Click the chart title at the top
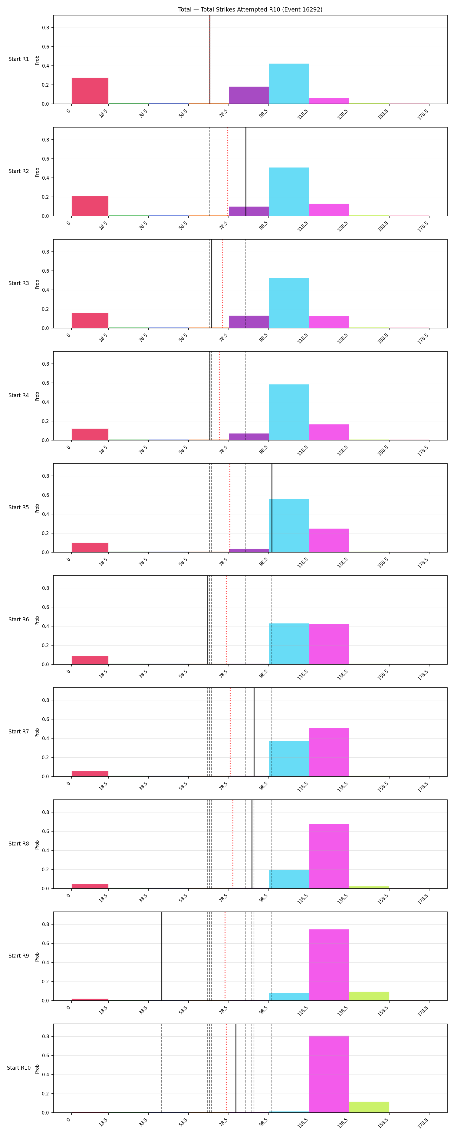click(250, 9)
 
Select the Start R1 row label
click(18, 59)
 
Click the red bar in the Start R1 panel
click(90, 91)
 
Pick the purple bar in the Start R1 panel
click(248, 95)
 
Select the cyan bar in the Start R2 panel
click(289, 192)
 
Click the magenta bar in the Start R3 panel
click(329, 322)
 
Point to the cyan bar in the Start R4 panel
click(289, 412)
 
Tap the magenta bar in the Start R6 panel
click(329, 644)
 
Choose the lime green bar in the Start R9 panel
click(369, 996)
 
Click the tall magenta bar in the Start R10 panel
click(329, 1074)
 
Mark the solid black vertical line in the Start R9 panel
click(162, 956)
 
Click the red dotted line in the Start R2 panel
click(227, 171)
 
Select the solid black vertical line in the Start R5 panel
click(272, 508)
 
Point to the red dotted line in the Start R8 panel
click(233, 844)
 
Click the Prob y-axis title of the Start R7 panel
click(37, 732)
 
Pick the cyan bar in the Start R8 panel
click(289, 879)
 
